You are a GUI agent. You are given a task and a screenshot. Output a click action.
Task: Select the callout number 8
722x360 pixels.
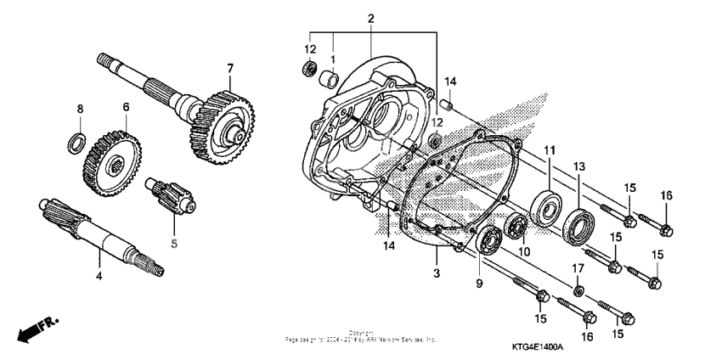pyautogui.click(x=81, y=109)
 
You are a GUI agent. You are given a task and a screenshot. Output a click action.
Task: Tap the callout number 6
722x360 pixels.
pyautogui.click(x=126, y=107)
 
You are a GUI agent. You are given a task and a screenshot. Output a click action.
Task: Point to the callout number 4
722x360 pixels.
pyautogui.click(x=99, y=276)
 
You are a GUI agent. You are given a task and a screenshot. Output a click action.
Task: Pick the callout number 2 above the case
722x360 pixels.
pyautogui.click(x=371, y=19)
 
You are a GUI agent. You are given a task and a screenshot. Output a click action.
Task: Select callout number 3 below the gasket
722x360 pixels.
pyautogui.click(x=437, y=273)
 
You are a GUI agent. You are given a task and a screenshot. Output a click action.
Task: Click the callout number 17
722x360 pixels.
pyautogui.click(x=578, y=269)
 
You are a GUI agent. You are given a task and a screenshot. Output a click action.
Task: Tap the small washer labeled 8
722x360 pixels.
pyautogui.click(x=75, y=139)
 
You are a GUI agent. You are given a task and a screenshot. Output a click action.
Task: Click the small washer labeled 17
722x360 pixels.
pyautogui.click(x=578, y=291)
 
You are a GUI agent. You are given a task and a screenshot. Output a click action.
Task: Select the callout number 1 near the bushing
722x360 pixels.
pyautogui.click(x=334, y=59)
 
